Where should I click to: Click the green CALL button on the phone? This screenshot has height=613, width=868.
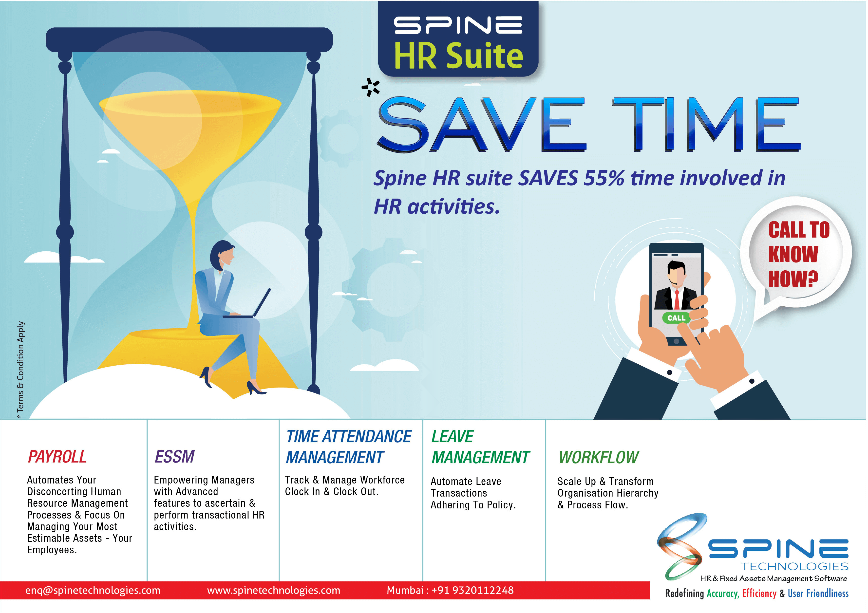click(676, 318)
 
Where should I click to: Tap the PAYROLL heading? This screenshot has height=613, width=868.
click(57, 457)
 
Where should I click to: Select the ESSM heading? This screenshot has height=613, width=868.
click(175, 457)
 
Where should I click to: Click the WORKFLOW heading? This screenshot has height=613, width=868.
click(599, 457)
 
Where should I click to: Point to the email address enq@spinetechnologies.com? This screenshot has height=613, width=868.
click(93, 590)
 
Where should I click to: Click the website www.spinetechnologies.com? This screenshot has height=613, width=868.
click(273, 590)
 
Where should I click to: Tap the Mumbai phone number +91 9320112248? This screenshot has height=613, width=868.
click(472, 590)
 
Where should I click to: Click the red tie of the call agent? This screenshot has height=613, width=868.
click(677, 299)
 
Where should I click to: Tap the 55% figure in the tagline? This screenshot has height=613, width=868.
click(604, 178)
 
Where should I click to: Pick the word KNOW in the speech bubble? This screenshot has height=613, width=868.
click(793, 254)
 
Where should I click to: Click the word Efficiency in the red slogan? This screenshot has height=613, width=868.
click(759, 593)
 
